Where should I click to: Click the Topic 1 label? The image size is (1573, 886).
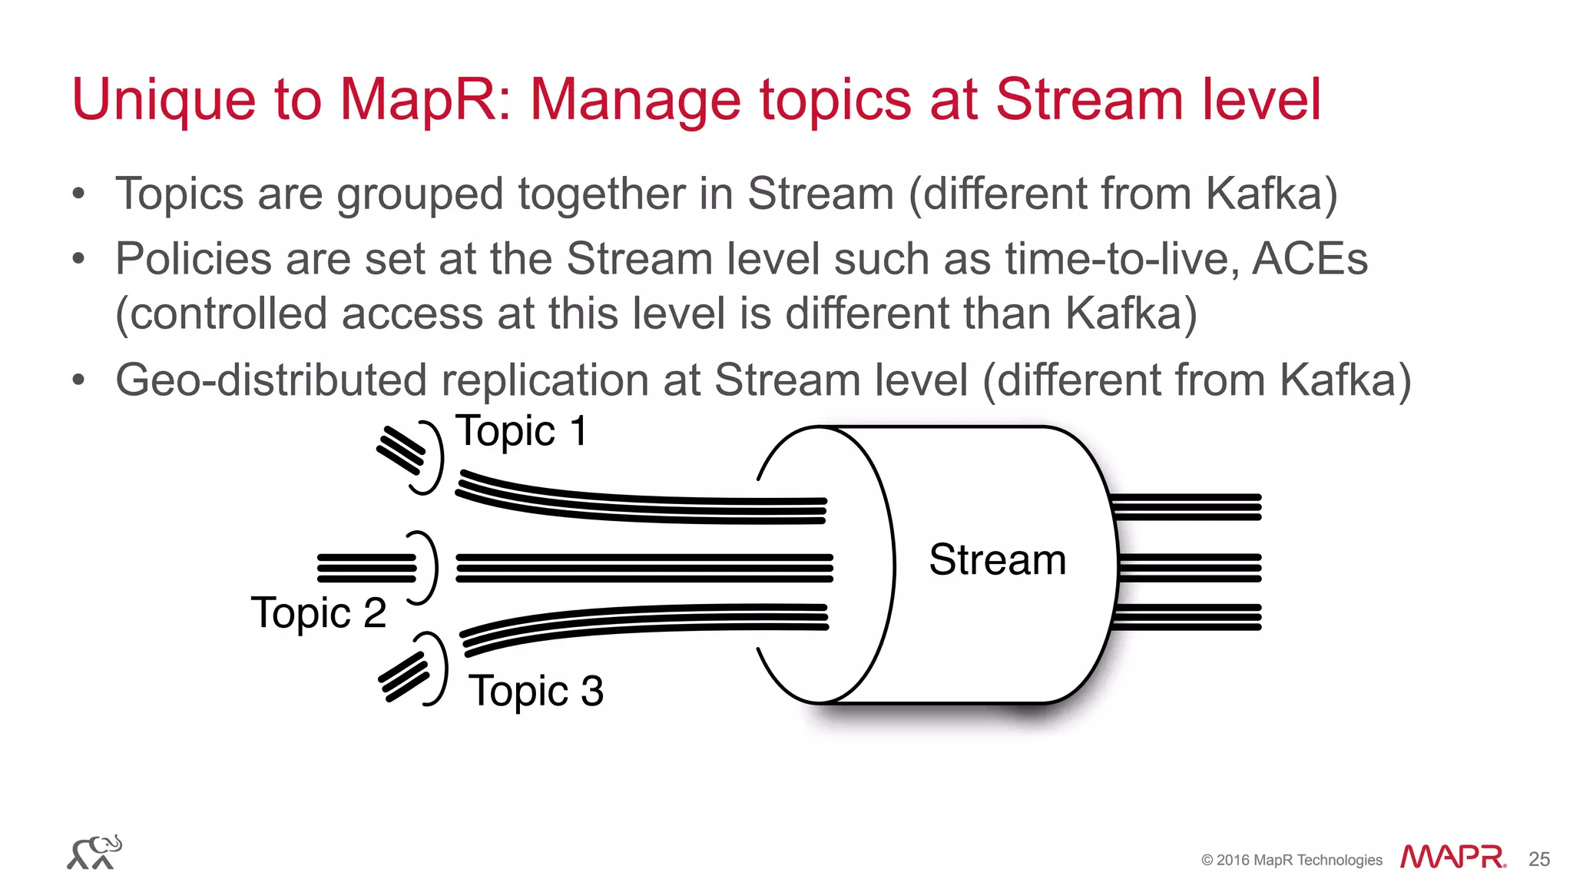click(522, 432)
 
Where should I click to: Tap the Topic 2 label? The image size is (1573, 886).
click(319, 613)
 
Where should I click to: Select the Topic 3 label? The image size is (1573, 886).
click(536, 691)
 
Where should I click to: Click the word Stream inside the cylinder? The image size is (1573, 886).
click(997, 559)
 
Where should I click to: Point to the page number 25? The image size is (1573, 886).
click(1538, 859)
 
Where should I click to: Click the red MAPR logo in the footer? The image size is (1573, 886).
click(1452, 857)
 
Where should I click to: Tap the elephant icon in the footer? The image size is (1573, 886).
click(94, 853)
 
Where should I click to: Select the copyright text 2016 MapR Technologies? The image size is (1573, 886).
click(1292, 861)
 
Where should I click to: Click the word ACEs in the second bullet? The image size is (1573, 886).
click(1310, 259)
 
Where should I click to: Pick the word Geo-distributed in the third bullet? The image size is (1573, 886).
click(270, 380)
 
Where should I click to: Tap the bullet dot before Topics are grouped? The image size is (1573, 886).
click(78, 194)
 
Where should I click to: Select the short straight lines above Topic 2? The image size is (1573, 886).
click(367, 568)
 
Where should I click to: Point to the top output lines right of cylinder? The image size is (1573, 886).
click(1187, 507)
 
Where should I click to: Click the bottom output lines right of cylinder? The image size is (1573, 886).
click(1187, 617)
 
